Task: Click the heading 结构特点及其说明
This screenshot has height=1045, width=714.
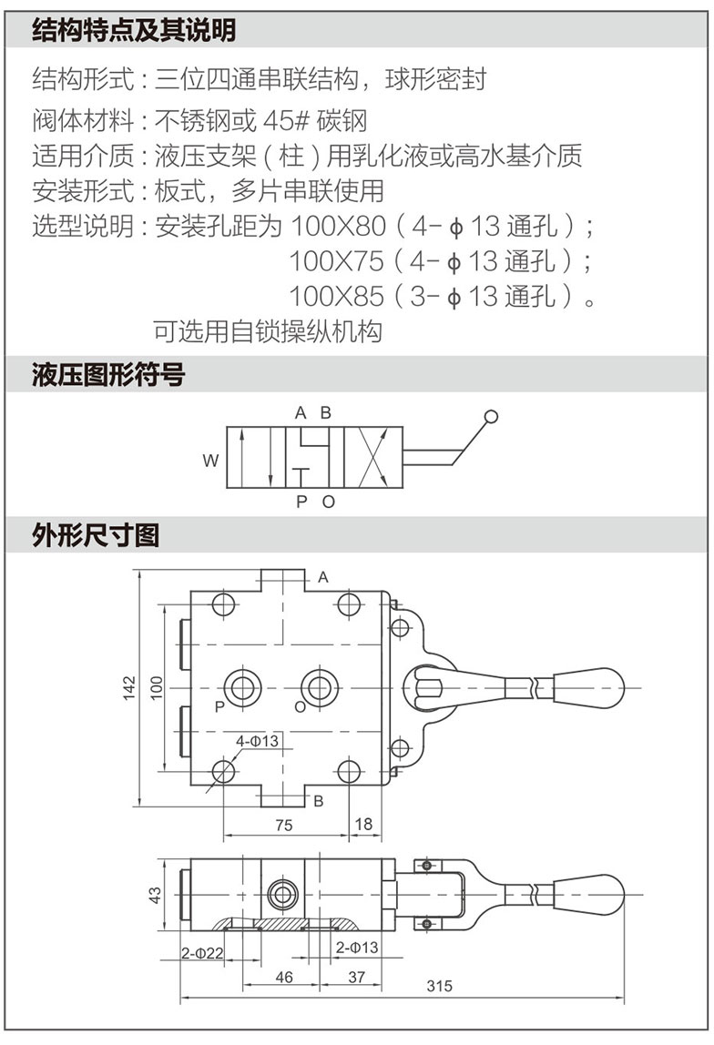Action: (x=134, y=31)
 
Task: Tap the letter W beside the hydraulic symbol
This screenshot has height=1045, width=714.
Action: (x=210, y=462)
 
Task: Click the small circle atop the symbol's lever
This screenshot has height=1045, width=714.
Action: (x=492, y=418)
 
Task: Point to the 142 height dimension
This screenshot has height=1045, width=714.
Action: (x=129, y=687)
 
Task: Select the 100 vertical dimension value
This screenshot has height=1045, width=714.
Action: (x=156, y=687)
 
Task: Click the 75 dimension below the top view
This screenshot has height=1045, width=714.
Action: (x=283, y=825)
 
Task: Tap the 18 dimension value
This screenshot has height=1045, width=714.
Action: (x=363, y=825)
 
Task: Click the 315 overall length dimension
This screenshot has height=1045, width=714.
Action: (x=438, y=987)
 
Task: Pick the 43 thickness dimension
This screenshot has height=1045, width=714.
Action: (x=155, y=896)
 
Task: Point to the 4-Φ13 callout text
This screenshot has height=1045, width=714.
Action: (x=257, y=742)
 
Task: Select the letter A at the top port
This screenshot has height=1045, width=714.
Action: (x=322, y=577)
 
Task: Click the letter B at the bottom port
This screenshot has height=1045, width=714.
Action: (x=318, y=801)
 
